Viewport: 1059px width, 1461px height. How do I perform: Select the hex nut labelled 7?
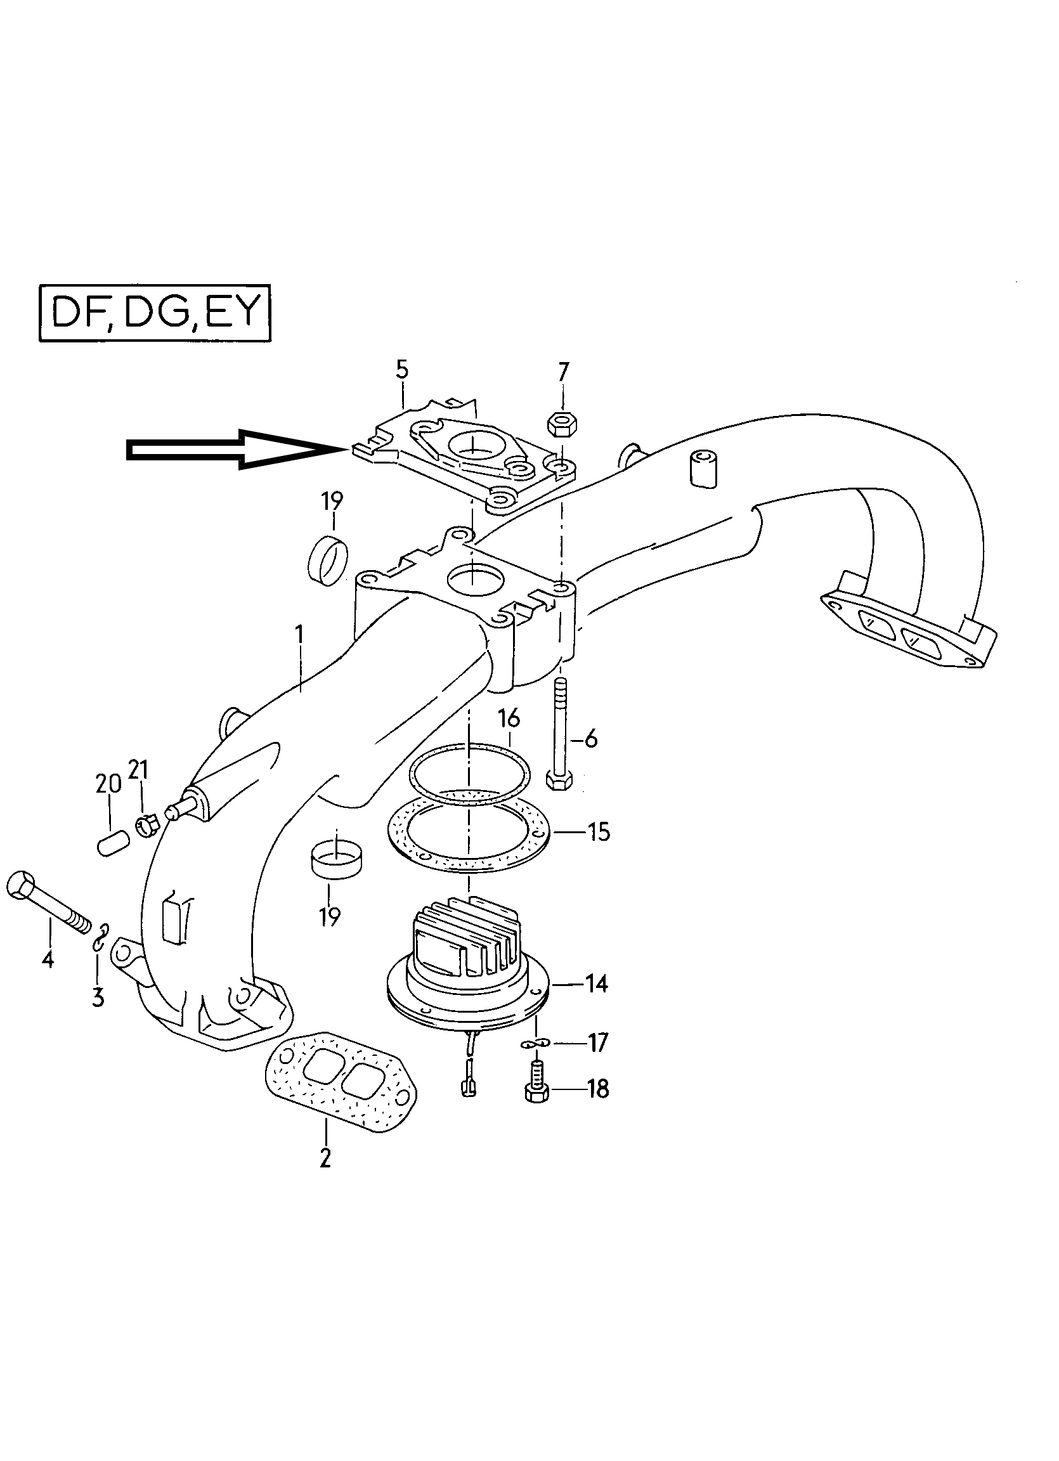click(x=561, y=424)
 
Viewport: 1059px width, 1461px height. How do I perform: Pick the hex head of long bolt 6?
click(x=558, y=780)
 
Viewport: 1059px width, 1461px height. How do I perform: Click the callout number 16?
click(x=509, y=718)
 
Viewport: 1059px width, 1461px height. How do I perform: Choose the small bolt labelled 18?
click(x=535, y=1091)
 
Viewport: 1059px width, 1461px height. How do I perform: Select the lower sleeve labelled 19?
click(x=335, y=860)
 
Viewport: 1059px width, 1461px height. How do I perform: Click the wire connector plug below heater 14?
click(x=468, y=1088)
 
